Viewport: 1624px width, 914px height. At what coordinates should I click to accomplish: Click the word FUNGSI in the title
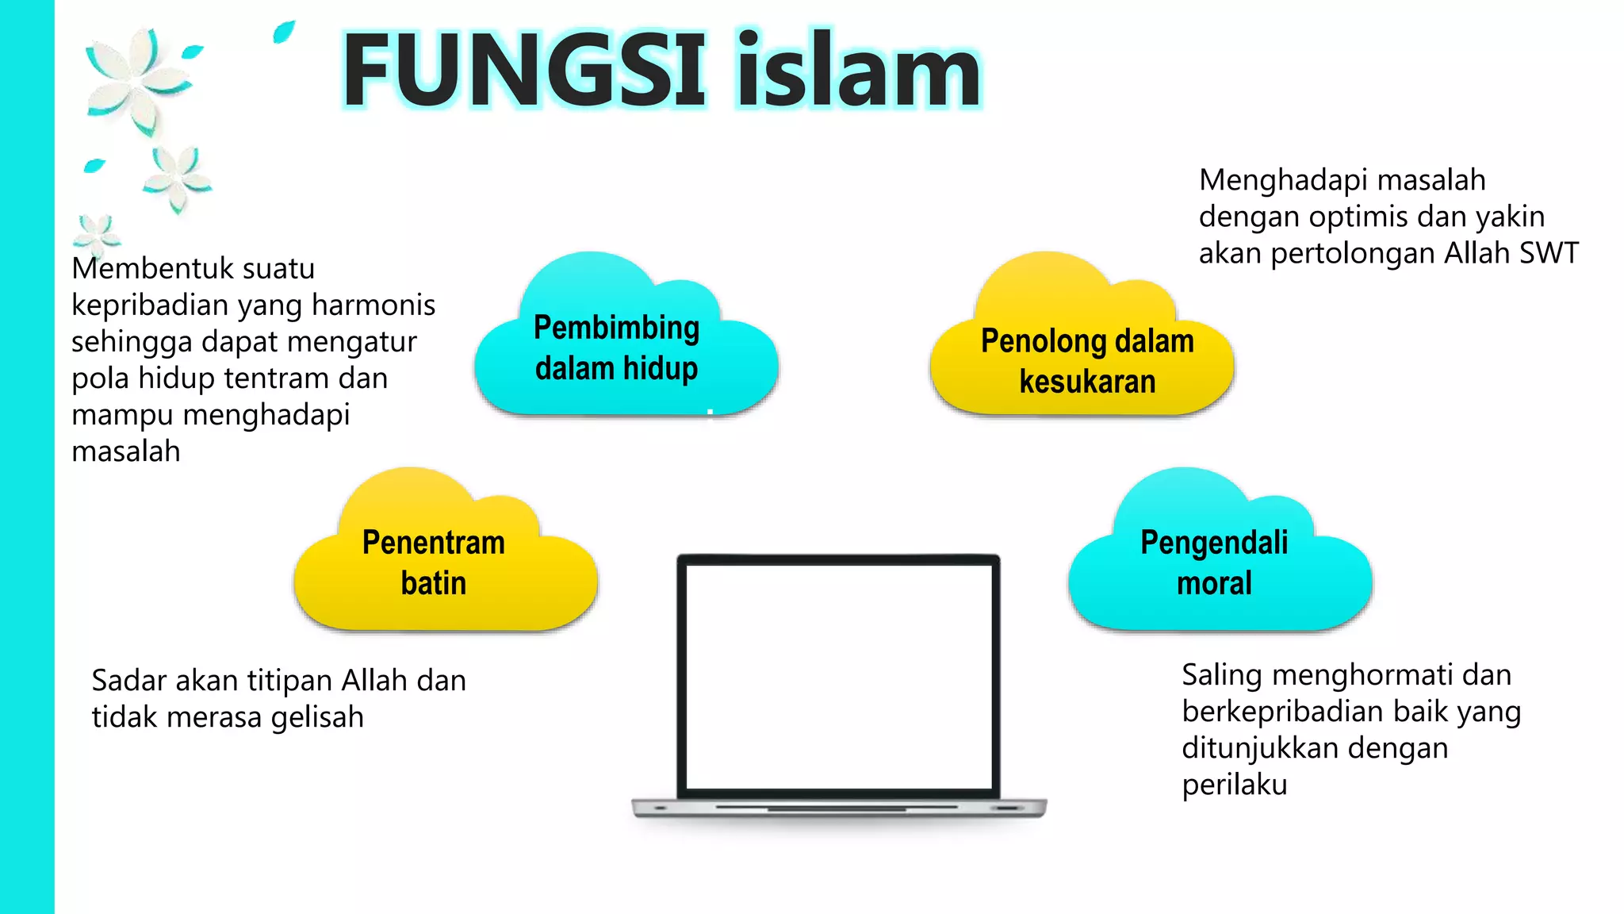(523, 71)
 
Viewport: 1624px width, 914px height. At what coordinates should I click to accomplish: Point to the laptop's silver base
(838, 808)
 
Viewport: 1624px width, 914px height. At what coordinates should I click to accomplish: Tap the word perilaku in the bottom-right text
(1234, 785)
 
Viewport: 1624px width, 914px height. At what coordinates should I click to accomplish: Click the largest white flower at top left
(136, 79)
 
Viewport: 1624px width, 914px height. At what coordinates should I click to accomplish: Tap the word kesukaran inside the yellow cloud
(1087, 382)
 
